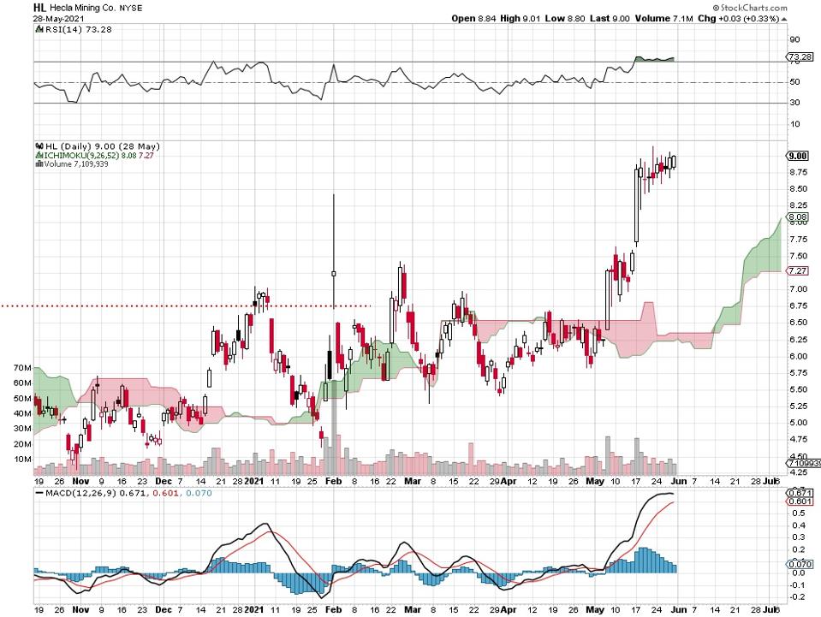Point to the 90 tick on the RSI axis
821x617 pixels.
coord(794,39)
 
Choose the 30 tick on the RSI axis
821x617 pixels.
coord(794,104)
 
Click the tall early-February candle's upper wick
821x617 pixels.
coord(333,231)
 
